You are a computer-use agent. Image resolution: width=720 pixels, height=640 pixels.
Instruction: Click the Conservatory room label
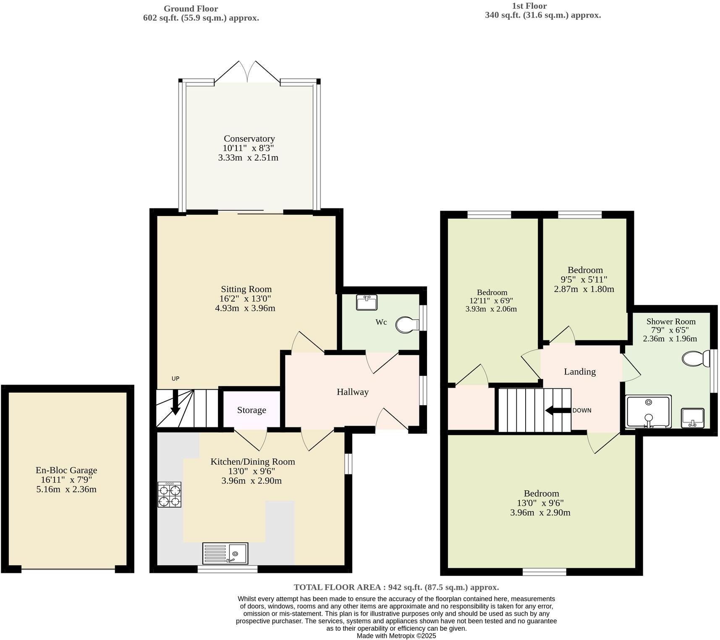coord(249,138)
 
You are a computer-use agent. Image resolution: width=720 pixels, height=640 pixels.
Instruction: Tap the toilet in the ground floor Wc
coord(407,324)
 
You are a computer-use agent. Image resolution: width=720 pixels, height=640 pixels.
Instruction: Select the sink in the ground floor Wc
coord(367,302)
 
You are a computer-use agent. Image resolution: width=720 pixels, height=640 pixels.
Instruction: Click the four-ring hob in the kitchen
coord(170,494)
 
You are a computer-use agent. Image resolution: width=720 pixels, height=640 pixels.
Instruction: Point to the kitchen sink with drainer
coord(225,553)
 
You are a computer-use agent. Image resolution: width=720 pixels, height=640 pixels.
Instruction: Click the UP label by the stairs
coord(175,378)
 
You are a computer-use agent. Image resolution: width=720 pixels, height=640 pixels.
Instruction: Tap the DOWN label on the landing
coord(581,410)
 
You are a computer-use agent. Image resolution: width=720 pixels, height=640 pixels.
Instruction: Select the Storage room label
coord(251,410)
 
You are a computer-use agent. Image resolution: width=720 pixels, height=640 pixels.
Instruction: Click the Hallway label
coord(353,392)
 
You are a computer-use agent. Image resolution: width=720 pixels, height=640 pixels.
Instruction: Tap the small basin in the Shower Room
coord(692,418)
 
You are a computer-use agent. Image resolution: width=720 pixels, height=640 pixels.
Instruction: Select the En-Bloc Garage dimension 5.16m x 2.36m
coord(66,489)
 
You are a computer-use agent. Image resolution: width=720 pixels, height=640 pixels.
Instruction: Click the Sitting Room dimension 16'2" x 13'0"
coord(246,299)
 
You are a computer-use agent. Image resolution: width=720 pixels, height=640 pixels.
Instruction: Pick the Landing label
coord(579,372)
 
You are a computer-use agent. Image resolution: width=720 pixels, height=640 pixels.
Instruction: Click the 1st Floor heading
coord(529,6)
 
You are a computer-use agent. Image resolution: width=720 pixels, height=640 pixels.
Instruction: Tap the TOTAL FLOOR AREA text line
coord(396,587)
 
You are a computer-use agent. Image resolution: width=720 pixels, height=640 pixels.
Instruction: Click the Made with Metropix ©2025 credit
coord(396,636)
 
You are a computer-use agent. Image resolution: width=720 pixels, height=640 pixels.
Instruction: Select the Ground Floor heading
coord(191,8)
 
